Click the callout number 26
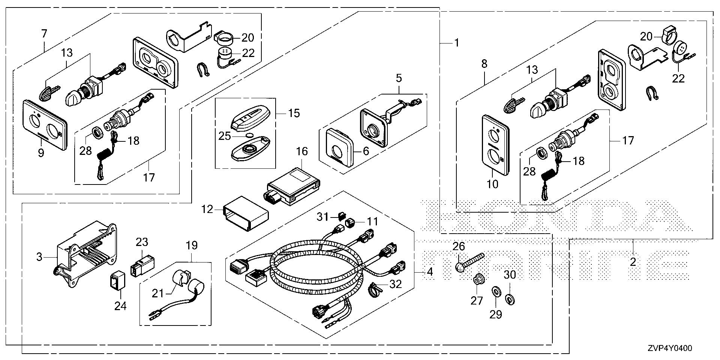coord(459,246)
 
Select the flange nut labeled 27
coord(478,280)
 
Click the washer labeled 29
coord(495,291)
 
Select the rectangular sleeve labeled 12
coord(246,214)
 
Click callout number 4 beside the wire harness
coord(430,271)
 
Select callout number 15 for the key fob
coord(294,112)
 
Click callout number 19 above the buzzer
coord(191,246)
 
